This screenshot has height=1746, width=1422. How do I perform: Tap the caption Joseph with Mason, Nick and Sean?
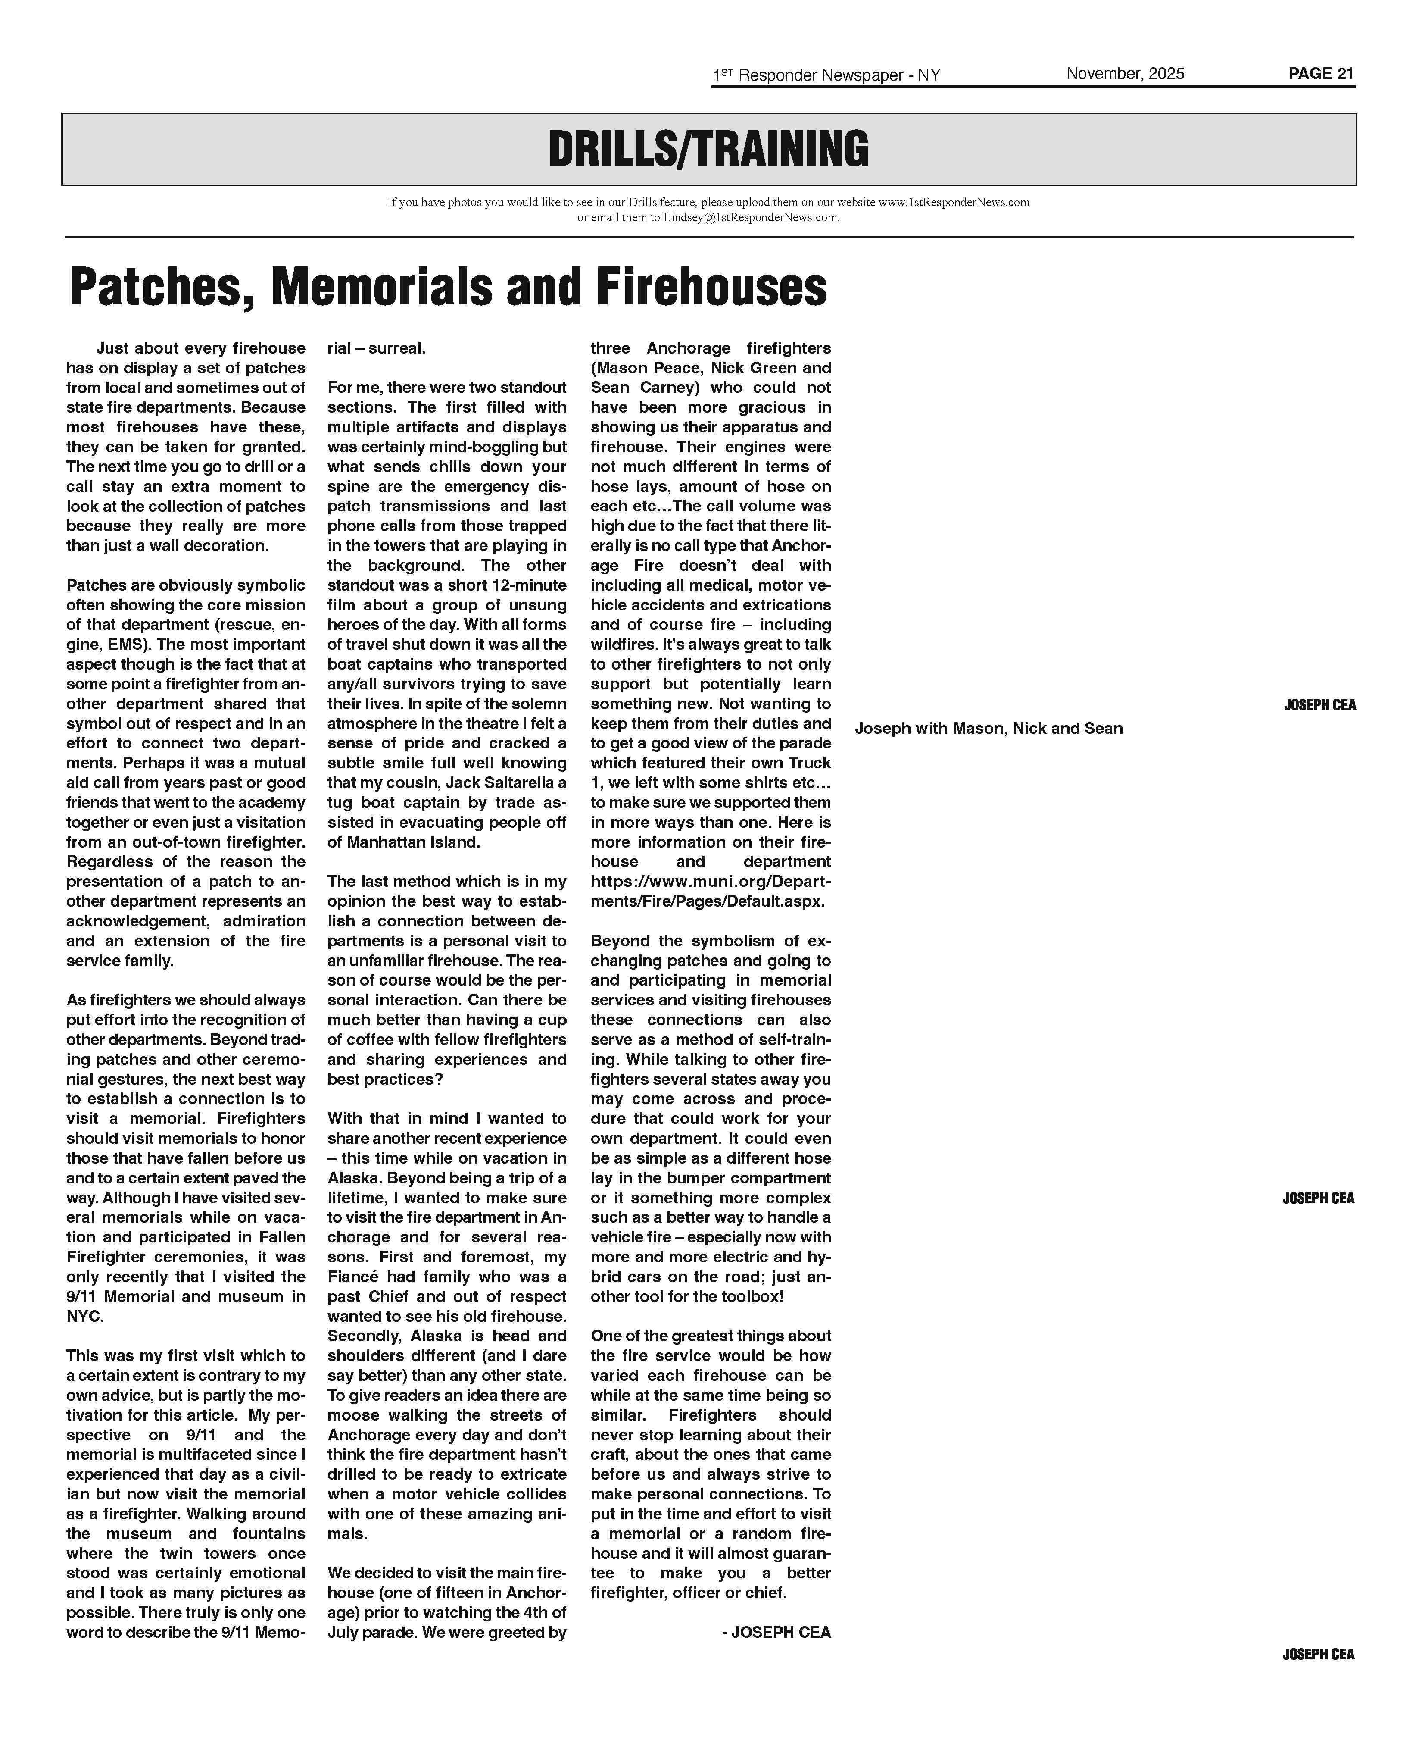click(x=989, y=729)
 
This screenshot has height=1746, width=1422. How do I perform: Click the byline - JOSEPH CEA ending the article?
click(x=776, y=1631)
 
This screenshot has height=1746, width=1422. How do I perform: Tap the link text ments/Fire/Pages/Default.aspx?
click(x=707, y=901)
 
